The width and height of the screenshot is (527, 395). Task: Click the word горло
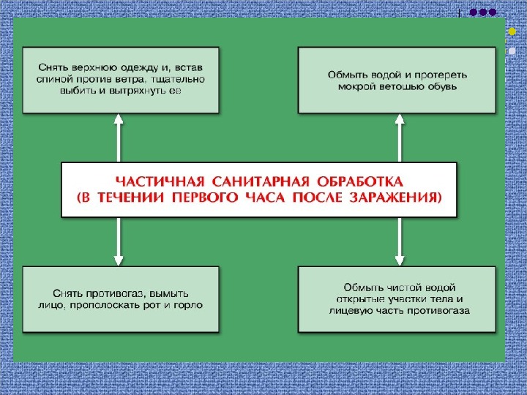[x=189, y=304]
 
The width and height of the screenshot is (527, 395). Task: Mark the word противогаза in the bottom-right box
[x=437, y=311]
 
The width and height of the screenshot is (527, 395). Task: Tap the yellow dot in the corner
[x=512, y=33]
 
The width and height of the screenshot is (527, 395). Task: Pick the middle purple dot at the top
[x=483, y=12]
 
